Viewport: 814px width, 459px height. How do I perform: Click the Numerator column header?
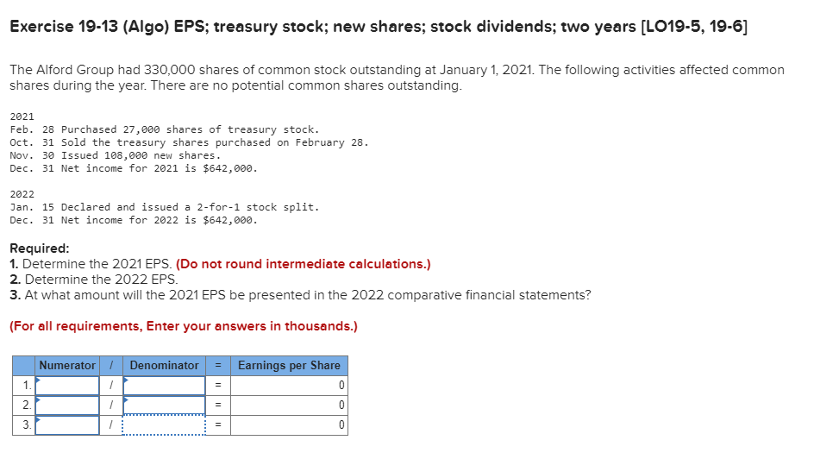coord(67,365)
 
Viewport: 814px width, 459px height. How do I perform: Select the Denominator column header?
coord(164,365)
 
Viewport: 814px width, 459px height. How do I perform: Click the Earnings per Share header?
coord(289,365)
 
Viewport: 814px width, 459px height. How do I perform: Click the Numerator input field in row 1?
coord(67,385)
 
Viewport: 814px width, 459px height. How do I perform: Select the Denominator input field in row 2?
coord(164,405)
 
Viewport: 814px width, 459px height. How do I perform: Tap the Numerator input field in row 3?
coord(67,424)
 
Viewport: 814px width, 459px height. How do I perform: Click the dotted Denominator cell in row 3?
coord(164,424)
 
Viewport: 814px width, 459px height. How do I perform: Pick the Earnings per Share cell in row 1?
coord(289,385)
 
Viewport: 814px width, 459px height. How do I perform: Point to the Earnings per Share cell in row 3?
coord(289,424)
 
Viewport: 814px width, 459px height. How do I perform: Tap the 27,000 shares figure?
coord(145,129)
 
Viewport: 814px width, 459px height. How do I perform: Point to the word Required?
coord(39,248)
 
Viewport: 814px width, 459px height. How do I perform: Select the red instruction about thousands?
coord(183,326)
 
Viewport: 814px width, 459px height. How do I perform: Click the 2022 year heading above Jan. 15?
coord(22,194)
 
